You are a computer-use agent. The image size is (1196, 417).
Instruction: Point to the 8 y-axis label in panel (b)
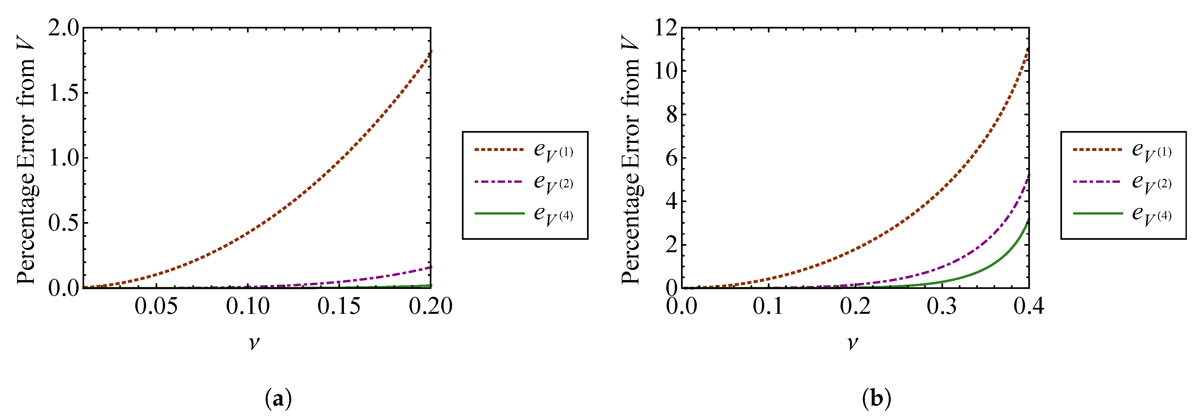click(671, 115)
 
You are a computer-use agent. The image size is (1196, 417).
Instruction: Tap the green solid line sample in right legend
click(1098, 213)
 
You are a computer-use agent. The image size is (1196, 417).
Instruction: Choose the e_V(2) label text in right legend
click(1151, 183)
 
